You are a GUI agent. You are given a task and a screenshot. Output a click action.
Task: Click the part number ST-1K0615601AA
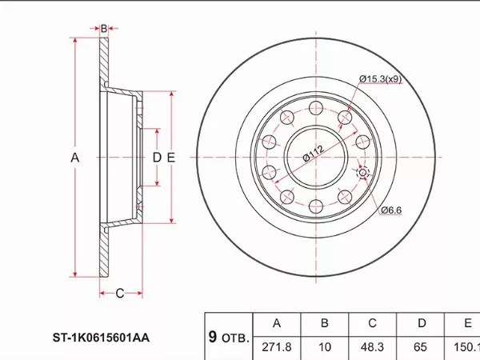click(101, 338)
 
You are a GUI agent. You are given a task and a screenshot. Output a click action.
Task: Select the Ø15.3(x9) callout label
click(380, 79)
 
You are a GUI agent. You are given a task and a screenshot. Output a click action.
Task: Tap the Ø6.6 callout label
click(391, 210)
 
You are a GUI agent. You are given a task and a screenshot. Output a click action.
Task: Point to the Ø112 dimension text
click(313, 153)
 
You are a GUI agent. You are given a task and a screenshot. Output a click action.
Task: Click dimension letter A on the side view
click(75, 158)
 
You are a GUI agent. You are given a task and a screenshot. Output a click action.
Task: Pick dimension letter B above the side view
click(104, 29)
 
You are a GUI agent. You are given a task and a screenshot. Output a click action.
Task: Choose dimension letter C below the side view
click(120, 294)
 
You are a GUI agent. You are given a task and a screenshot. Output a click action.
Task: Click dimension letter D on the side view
click(157, 158)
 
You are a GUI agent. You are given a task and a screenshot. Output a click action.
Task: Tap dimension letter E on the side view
click(171, 158)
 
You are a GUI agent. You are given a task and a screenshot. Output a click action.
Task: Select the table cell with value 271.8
click(277, 347)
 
